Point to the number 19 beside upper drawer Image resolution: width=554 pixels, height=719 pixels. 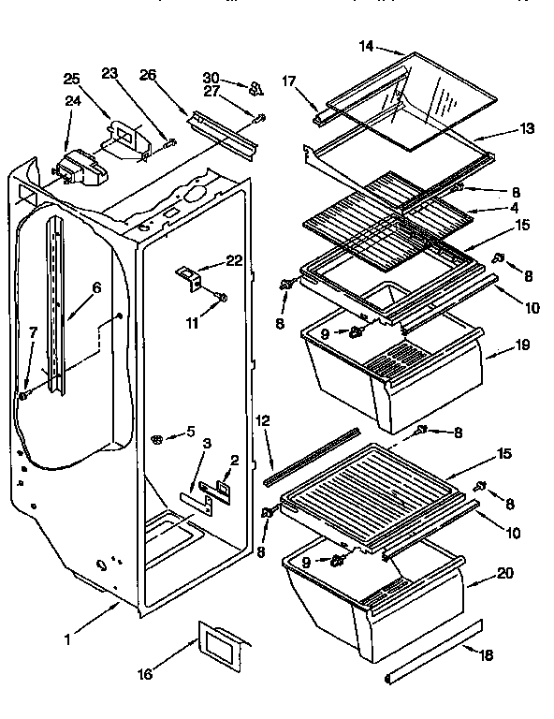(522, 345)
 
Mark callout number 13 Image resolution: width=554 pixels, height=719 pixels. (527, 129)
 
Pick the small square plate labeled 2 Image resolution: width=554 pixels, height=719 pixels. (226, 485)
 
